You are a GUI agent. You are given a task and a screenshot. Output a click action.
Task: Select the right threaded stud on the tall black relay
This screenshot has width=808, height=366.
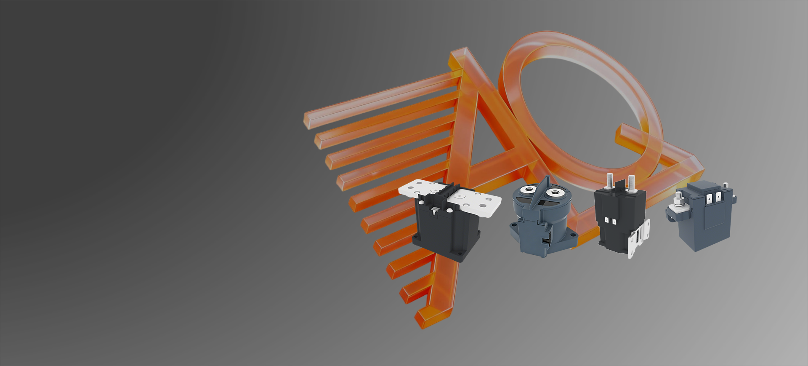tap(631, 184)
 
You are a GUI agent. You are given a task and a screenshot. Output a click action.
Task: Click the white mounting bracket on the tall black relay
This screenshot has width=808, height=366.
tap(638, 238)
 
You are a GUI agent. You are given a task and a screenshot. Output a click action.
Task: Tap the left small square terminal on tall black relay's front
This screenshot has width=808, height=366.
tap(607, 219)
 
